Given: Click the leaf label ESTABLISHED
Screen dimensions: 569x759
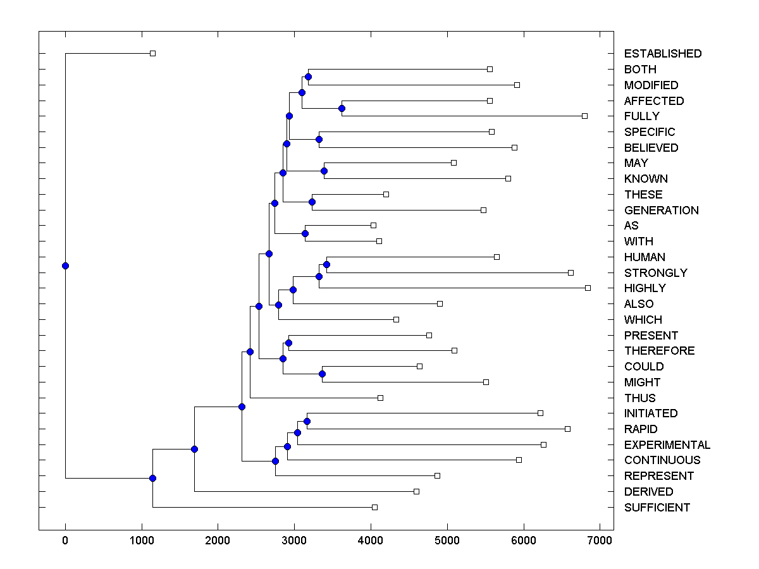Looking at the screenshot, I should coord(662,54).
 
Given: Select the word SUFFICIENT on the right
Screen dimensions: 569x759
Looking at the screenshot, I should coord(657,508).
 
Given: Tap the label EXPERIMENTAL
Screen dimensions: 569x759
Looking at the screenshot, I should coord(667,445).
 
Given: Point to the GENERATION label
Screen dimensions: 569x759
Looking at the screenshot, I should coord(661,211).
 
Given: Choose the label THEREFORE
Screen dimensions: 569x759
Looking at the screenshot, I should coord(659,351).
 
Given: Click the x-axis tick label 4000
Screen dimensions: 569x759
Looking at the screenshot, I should coord(371,540).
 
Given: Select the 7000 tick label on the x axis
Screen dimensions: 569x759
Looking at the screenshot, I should coord(600,540).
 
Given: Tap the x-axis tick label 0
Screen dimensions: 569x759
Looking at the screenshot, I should coord(65,540).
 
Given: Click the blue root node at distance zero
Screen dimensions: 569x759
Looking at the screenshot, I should coord(65,266).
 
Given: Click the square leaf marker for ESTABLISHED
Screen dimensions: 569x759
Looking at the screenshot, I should coord(152,54).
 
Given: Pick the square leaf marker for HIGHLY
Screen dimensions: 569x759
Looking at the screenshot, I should coord(588,288).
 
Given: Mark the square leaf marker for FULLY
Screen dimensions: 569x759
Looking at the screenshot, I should coord(584,116).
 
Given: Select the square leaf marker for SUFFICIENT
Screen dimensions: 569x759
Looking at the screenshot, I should coord(374,507).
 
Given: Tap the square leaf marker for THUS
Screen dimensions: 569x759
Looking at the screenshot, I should coord(380,398).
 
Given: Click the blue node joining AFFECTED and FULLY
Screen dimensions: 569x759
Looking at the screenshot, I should coord(342,108).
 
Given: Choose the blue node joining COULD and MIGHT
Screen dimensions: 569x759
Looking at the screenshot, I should coord(322,374).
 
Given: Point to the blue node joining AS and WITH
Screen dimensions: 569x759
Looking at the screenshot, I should coord(305,233).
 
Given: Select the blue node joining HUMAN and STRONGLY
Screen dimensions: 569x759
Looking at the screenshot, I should coord(326,264).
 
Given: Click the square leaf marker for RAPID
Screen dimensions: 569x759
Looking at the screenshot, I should coord(567,429).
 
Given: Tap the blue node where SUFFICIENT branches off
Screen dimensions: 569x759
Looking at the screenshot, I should coord(152,478).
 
